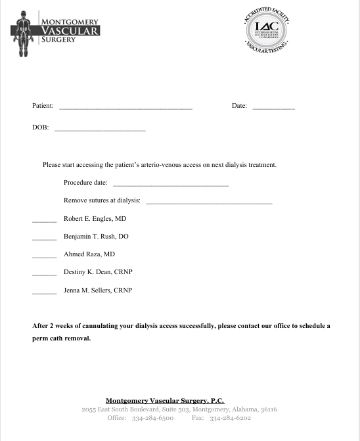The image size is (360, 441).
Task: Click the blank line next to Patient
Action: pyautogui.click(x=125, y=107)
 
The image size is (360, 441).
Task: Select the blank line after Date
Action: pyautogui.click(x=273, y=107)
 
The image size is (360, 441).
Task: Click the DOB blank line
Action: pyautogui.click(x=99, y=129)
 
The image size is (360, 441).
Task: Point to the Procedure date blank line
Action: pyautogui.click(x=171, y=185)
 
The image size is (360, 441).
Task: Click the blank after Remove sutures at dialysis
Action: pyautogui.click(x=208, y=202)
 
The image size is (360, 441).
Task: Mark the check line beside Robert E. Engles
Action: pyautogui.click(x=44, y=220)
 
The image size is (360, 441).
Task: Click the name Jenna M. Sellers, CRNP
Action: pyautogui.click(x=98, y=290)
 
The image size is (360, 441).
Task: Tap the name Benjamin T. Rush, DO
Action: pyautogui.click(x=96, y=236)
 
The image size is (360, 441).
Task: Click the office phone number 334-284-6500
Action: pyautogui.click(x=152, y=417)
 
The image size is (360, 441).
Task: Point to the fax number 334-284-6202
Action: pyautogui.click(x=230, y=417)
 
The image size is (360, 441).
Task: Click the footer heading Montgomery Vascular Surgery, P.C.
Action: pyautogui.click(x=165, y=400)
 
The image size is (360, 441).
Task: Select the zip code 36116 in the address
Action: pyautogui.click(x=269, y=409)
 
